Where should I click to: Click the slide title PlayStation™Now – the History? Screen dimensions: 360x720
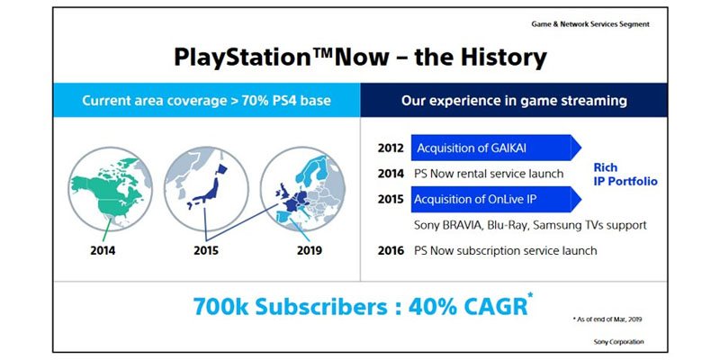(x=360, y=58)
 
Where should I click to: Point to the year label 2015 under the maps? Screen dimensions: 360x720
(x=206, y=250)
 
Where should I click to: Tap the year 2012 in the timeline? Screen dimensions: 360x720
(x=390, y=148)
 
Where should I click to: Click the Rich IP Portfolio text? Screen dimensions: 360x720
(x=624, y=174)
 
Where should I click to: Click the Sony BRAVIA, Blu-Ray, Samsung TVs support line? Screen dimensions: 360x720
(x=530, y=224)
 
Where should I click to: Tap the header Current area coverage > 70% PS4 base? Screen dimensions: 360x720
(x=207, y=101)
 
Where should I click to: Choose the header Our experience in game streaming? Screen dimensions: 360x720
(x=514, y=101)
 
